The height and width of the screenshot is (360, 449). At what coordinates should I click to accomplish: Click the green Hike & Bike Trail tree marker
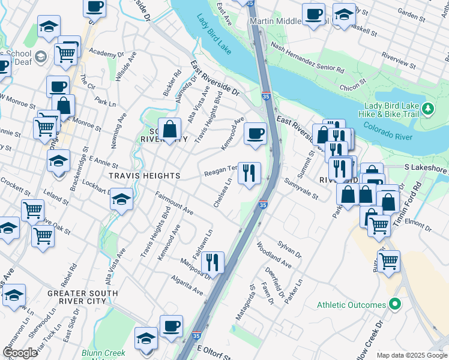[427, 109]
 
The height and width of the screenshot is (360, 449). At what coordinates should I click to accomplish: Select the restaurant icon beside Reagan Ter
[249, 173]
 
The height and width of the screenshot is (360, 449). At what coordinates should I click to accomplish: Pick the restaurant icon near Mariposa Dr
[212, 262]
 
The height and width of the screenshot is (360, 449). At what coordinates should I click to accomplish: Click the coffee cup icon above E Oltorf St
[171, 326]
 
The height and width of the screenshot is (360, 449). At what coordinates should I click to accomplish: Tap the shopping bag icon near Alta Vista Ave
[170, 128]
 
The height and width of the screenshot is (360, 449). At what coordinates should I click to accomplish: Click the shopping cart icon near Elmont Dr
[379, 224]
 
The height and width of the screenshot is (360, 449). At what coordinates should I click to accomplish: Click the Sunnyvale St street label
[301, 188]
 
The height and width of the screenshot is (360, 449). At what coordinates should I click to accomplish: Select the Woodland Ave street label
[273, 255]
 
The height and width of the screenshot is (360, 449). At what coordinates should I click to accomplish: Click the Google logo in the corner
[20, 353]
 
